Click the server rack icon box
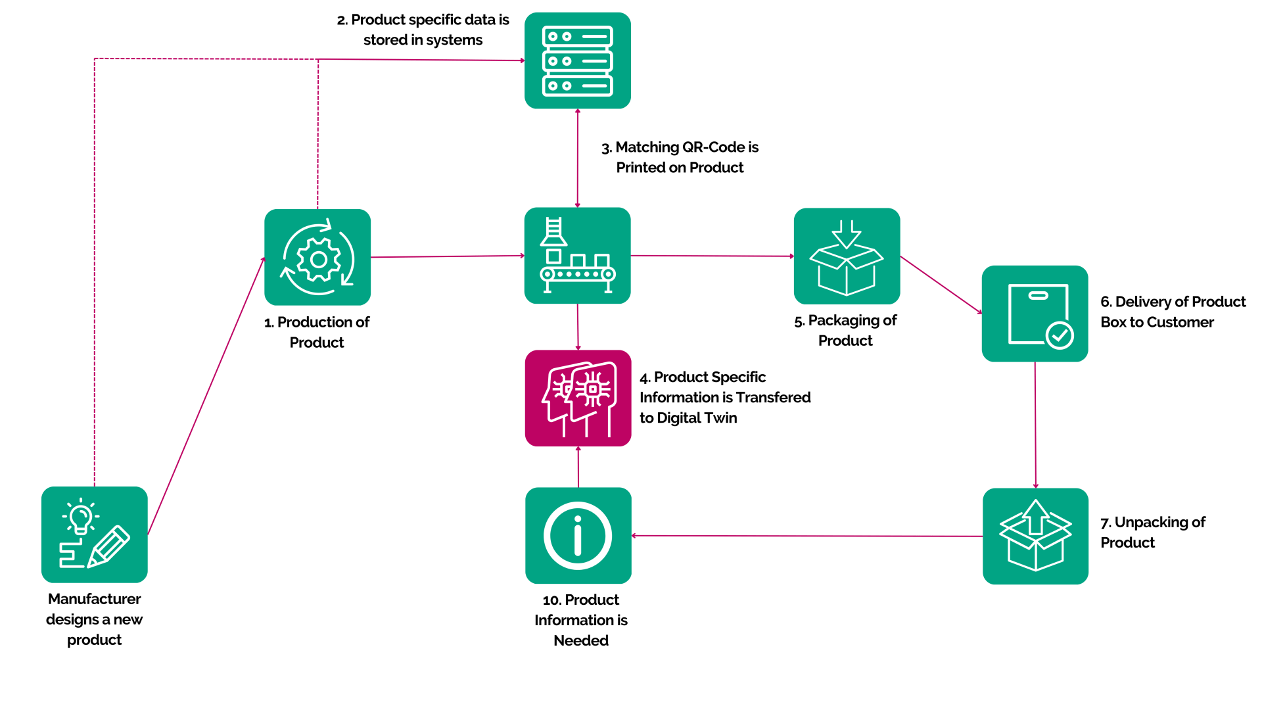click(578, 60)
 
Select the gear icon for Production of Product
click(317, 257)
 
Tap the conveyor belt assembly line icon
click(578, 256)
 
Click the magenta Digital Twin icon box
click(578, 398)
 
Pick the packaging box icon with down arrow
click(847, 256)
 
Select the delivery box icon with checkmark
click(1035, 314)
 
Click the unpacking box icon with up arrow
click(1036, 536)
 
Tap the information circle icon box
click(578, 536)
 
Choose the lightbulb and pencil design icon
click(95, 534)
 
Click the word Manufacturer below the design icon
click(95, 599)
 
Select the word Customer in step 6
click(1182, 322)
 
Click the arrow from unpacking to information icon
click(807, 536)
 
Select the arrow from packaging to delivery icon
click(941, 285)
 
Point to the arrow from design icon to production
click(206, 395)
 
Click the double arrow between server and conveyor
click(578, 158)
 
